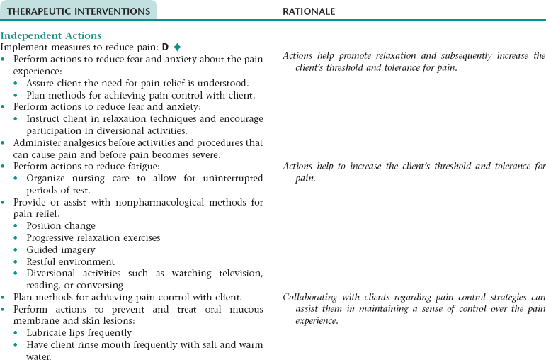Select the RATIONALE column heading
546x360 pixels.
(309, 11)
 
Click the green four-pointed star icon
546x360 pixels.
(178, 47)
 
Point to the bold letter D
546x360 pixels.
(165, 47)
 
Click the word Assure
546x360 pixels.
(43, 83)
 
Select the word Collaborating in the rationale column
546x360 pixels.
(312, 298)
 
